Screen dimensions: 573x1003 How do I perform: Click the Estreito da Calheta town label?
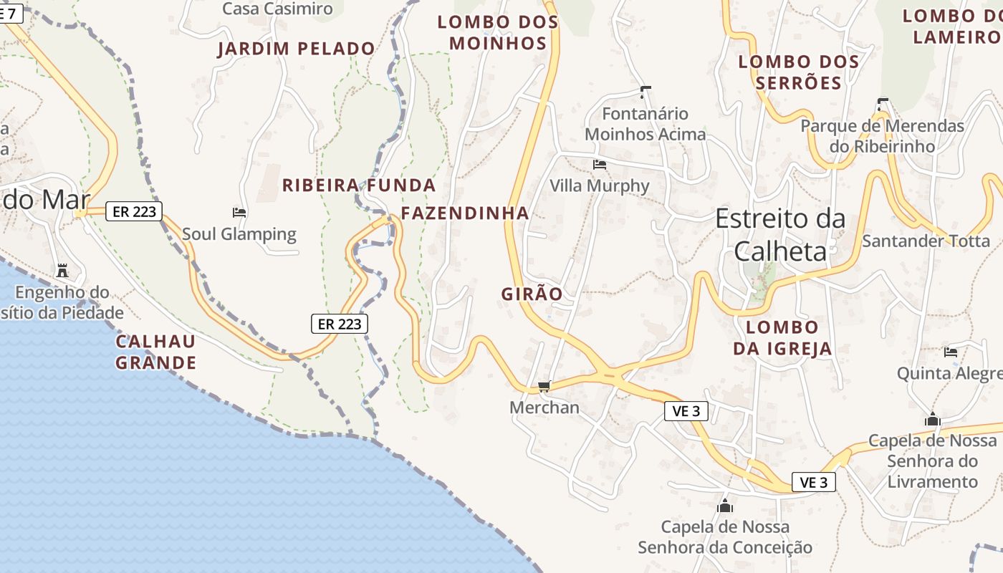[780, 234]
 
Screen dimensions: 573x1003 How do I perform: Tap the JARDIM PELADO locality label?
[296, 49]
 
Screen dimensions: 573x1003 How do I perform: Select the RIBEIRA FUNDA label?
[359, 186]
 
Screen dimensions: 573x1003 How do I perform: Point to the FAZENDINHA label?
[465, 213]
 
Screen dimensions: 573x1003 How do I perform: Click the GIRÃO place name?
[532, 294]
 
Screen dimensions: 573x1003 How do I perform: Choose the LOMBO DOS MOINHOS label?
[498, 32]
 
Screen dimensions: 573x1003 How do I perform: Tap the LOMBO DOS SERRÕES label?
[799, 72]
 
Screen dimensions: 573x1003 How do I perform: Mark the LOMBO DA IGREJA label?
[782, 338]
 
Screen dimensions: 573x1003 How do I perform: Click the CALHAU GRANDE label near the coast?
[155, 352]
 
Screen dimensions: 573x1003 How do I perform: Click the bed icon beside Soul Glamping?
[239, 213]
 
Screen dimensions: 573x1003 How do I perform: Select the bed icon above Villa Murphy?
[600, 165]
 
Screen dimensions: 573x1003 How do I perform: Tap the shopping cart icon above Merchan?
[544, 387]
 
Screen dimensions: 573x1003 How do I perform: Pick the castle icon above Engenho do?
[62, 271]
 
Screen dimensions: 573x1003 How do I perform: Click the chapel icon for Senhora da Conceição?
[725, 506]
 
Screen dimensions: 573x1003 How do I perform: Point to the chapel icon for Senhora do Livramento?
[932, 419]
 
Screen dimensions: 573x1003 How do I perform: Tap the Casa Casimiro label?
[277, 9]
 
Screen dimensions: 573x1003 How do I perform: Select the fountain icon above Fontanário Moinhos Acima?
[645, 92]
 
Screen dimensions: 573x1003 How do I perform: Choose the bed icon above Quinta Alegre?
[951, 352]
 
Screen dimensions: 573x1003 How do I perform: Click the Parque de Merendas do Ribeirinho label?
[882, 135]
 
